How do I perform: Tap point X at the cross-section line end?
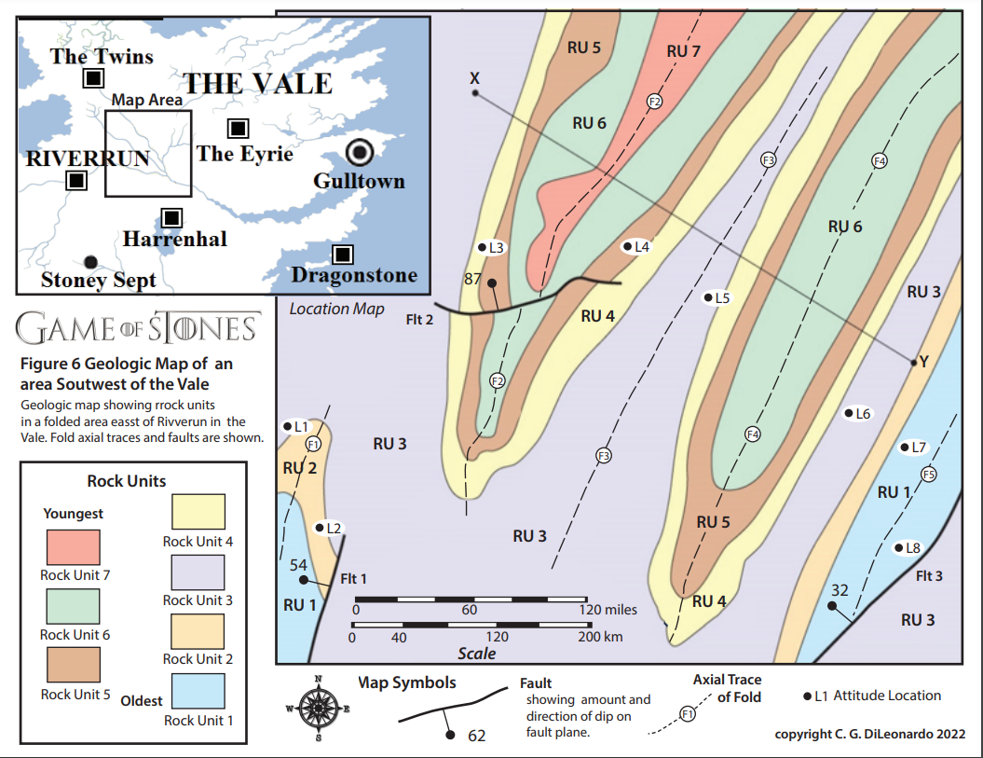click(x=475, y=92)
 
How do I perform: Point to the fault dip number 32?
click(x=840, y=589)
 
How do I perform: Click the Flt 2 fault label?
click(x=421, y=319)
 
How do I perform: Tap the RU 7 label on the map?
click(x=683, y=51)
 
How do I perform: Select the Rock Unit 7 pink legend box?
click(x=74, y=546)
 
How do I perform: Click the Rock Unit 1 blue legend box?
click(x=198, y=691)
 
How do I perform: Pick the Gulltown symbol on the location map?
click(x=359, y=152)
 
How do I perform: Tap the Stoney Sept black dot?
click(x=89, y=262)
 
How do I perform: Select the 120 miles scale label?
click(x=608, y=610)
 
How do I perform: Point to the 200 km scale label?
click(x=601, y=638)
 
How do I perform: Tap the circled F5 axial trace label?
click(x=927, y=475)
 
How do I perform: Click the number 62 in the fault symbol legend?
click(x=476, y=736)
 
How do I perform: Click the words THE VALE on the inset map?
click(x=257, y=83)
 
